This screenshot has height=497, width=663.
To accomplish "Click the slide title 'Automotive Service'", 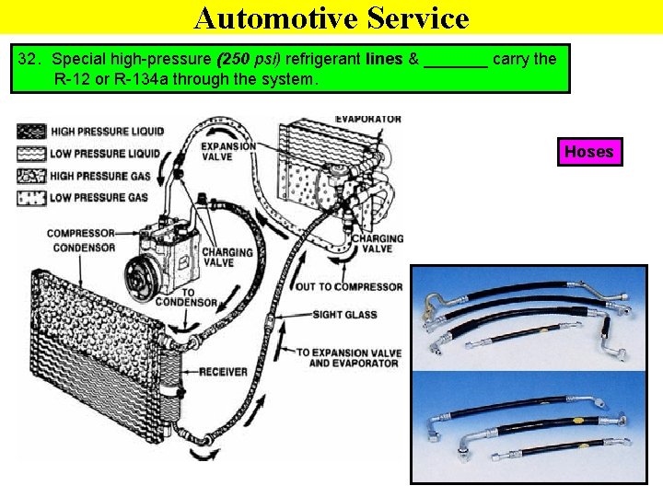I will coord(331,17).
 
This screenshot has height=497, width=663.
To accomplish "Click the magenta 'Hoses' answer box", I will coord(588,152).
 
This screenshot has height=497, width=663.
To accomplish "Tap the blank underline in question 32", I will coord(457,60).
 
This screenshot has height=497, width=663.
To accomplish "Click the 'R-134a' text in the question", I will coord(131,79).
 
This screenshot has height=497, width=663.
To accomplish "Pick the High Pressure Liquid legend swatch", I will coord(31,132).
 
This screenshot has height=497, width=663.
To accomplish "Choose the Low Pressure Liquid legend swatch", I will coord(31,153).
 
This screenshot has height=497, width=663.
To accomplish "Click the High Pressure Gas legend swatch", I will coord(31,175).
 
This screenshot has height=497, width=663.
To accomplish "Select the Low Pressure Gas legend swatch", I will coord(31,197).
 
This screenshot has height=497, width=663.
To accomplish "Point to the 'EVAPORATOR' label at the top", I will coord(367,119).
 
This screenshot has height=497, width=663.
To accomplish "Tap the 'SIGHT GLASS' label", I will coord(345,315).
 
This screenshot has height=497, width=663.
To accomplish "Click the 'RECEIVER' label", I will coord(224,372).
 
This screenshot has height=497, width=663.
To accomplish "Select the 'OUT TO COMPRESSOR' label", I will coord(349,286).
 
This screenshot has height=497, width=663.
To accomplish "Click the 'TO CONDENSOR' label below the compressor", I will coord(186,297).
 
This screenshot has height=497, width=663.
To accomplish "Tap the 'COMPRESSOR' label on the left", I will coord(81,234).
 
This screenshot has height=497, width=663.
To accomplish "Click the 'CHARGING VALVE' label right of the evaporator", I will coord(378,244).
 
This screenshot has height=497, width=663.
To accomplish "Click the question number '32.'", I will coord(30,60).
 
